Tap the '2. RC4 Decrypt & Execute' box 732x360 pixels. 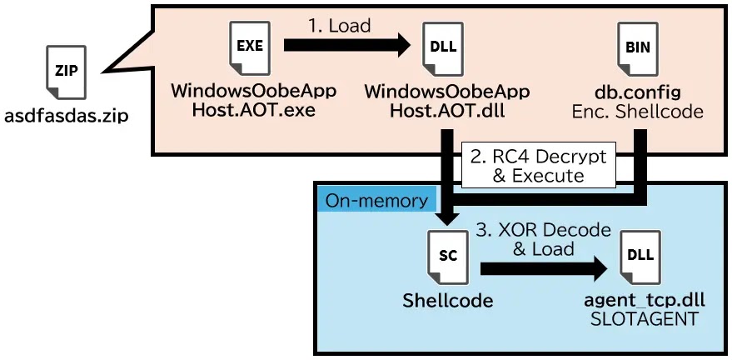coord(539,166)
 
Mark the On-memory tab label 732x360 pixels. coord(377,200)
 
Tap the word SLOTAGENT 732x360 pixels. coord(640,319)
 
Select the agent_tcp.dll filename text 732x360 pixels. coord(640,301)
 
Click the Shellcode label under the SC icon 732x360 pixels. coord(447,300)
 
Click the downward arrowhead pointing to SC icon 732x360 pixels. coord(447,219)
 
